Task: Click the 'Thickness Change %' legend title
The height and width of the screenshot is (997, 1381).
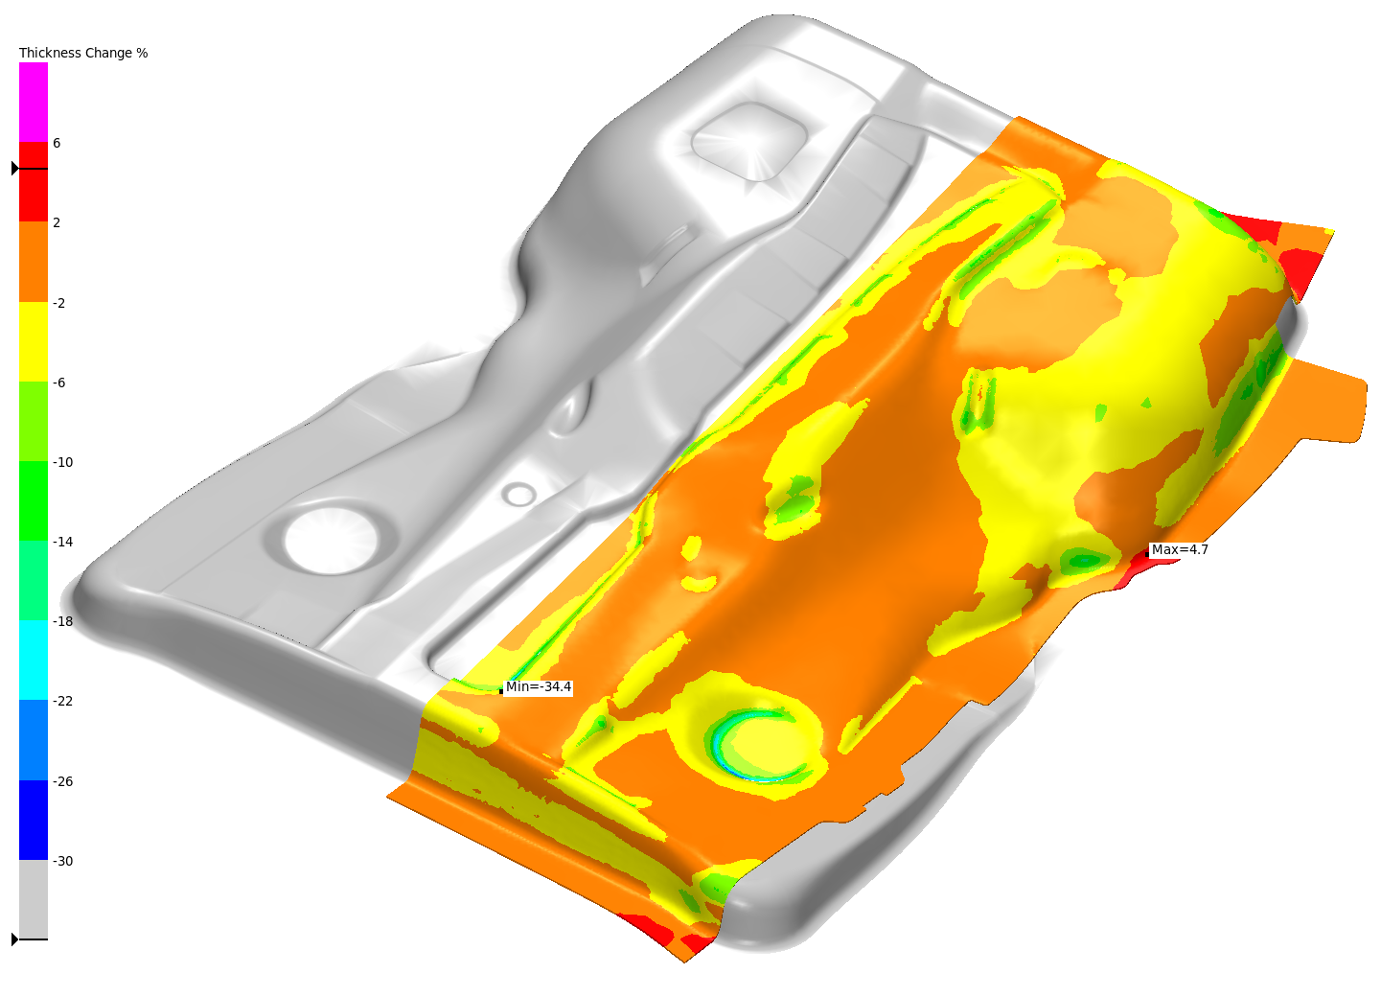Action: tap(83, 53)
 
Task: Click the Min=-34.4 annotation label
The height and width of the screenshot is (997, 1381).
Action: tap(539, 686)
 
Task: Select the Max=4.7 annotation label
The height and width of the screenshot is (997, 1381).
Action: tap(1180, 549)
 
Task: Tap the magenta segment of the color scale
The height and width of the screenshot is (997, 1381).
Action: tap(34, 103)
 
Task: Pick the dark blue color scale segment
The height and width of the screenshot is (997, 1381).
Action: tap(34, 820)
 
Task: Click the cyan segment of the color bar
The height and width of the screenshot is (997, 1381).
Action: tap(34, 661)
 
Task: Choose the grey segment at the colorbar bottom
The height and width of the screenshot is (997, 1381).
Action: tap(34, 899)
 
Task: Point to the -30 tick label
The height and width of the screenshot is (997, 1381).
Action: tap(63, 861)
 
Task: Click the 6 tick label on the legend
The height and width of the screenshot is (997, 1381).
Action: tap(57, 143)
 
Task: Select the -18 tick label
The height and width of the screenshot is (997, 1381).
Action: tap(63, 621)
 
